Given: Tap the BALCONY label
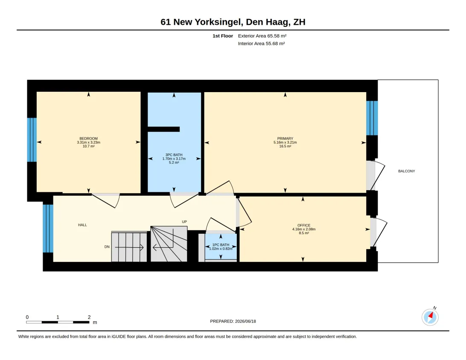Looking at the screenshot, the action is (407, 171).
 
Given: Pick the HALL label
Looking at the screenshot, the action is (82, 225).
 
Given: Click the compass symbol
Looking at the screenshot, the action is (430, 317).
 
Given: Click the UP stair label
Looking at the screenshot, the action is (184, 222).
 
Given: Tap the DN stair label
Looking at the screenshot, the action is (107, 247).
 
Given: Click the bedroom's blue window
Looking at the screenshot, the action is (32, 140).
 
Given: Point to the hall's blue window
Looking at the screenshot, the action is (48, 229).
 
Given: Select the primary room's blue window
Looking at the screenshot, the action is (372, 118).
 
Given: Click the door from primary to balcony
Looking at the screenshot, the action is (376, 175).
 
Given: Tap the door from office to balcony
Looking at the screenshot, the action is (379, 232).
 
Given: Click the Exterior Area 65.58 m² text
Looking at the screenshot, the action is (262, 36).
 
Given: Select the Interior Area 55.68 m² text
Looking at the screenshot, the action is (261, 44).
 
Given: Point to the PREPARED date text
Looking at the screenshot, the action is (233, 321).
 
